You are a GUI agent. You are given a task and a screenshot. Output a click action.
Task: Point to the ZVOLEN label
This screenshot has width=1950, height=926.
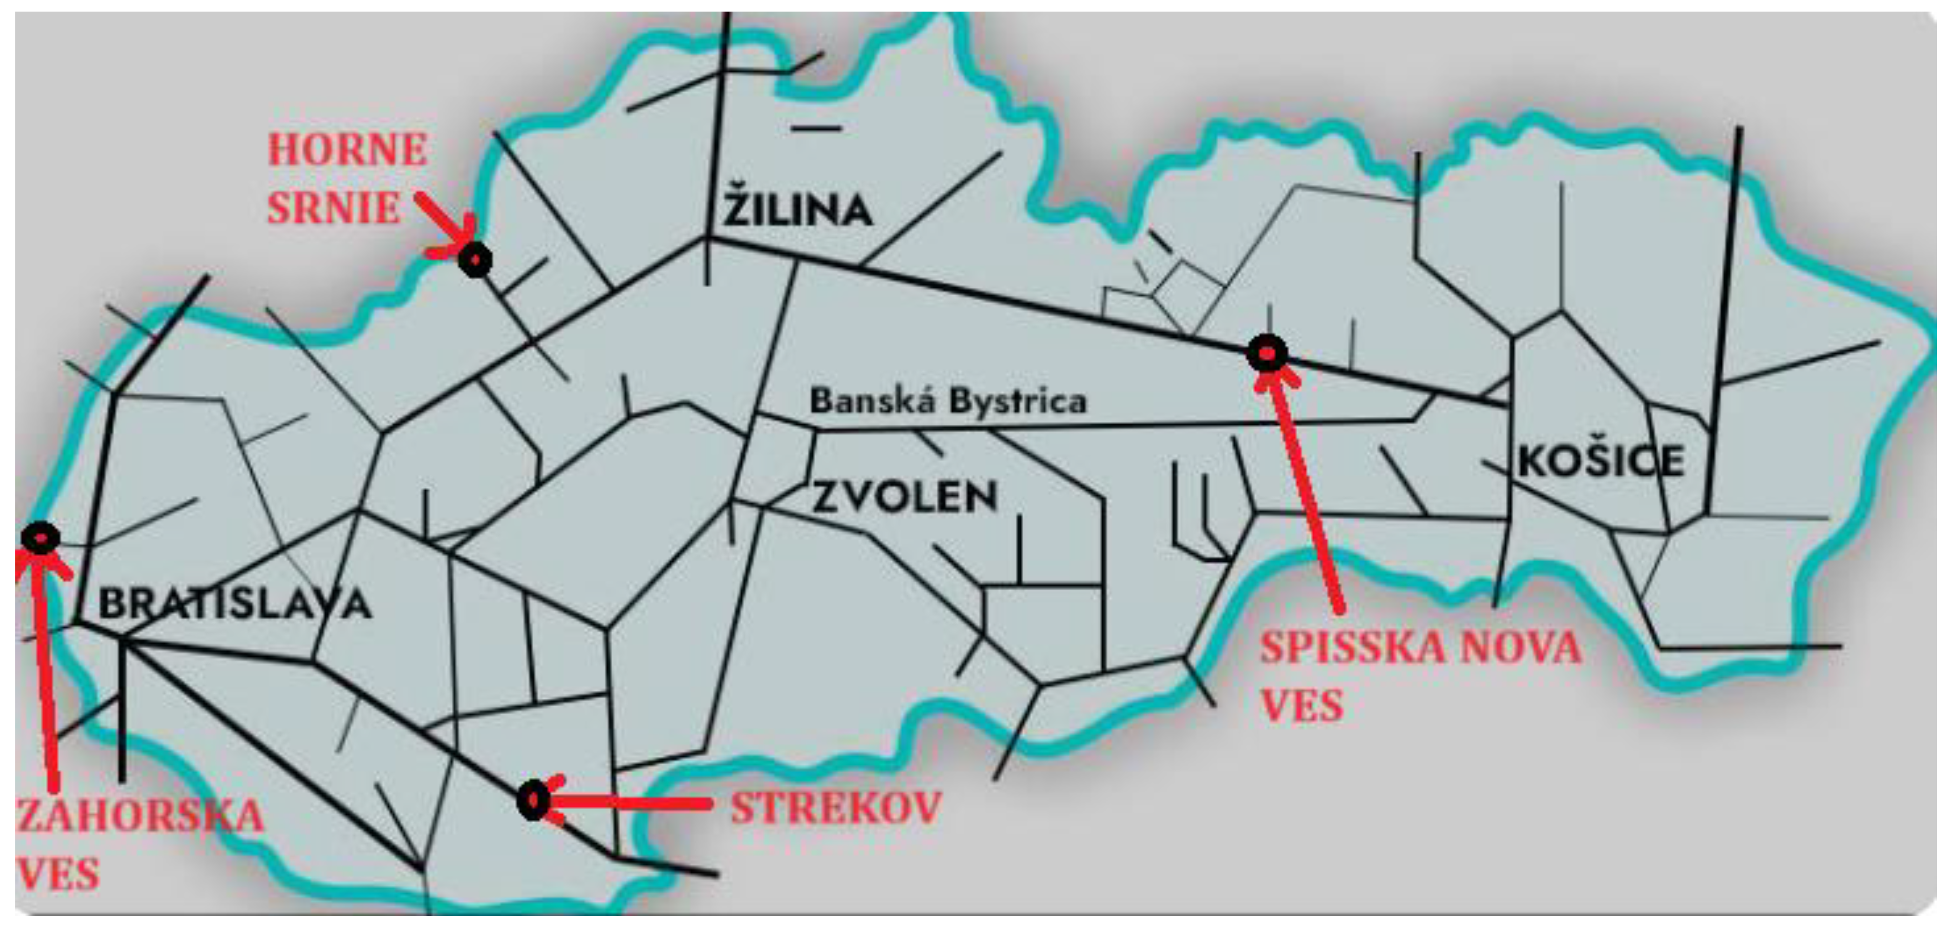tap(905, 498)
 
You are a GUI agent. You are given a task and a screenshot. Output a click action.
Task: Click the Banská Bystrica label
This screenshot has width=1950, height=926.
tap(948, 401)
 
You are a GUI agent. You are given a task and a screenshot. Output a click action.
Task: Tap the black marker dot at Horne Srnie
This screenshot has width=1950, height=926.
tap(475, 260)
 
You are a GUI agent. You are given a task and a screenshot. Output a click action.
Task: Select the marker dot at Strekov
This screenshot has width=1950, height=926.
tap(534, 800)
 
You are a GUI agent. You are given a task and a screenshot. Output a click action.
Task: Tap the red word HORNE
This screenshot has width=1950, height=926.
tap(347, 149)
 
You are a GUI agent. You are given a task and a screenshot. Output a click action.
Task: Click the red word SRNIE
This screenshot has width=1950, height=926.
tap(333, 208)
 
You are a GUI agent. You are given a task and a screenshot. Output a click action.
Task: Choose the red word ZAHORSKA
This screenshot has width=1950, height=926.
tap(140, 816)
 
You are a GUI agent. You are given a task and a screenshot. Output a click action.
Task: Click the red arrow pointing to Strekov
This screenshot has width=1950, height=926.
tap(628, 803)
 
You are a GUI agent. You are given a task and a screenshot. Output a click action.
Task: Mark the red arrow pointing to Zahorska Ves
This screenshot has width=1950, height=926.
tap(45, 666)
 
